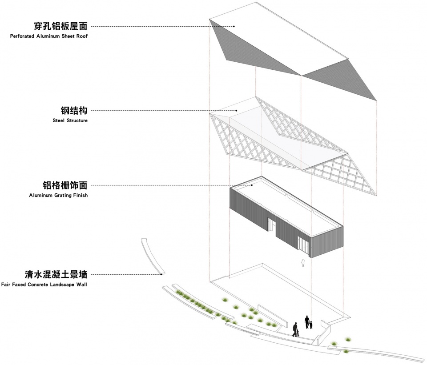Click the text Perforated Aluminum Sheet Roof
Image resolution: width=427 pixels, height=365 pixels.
49,36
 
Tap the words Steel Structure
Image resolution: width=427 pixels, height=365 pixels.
70,120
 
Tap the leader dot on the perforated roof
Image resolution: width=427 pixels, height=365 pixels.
234,26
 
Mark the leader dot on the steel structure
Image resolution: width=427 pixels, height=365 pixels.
236,110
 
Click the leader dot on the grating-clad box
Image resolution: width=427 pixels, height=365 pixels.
252,185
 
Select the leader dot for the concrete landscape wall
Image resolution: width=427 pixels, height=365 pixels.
161,274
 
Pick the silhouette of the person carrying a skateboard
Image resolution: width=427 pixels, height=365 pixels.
295,329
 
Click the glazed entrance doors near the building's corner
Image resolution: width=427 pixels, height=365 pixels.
303,245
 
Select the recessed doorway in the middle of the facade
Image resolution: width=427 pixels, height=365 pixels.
272,225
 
